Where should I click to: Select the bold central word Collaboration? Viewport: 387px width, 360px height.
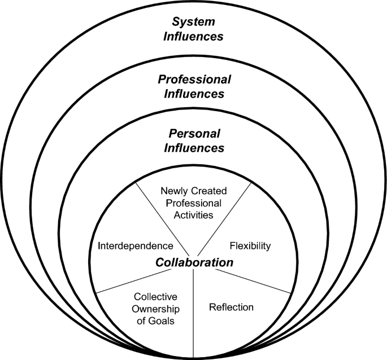point(194,262)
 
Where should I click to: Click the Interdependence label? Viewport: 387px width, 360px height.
point(134,246)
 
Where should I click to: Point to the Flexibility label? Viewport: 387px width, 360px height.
point(250,246)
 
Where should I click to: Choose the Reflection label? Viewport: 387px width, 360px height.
point(231,308)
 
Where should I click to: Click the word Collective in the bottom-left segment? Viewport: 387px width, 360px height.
point(153,296)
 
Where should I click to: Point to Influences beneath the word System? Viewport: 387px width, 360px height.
point(194,37)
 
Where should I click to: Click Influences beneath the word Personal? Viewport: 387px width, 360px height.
point(194,149)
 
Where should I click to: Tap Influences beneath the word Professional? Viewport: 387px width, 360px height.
point(194,94)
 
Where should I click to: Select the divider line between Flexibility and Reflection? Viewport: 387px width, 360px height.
point(254,280)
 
